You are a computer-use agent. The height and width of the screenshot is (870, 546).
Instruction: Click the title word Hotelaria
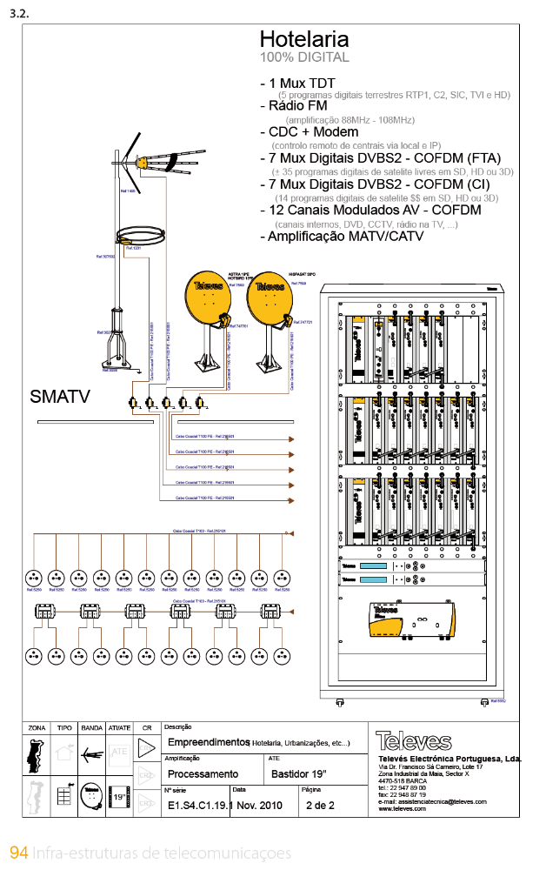tap(304, 39)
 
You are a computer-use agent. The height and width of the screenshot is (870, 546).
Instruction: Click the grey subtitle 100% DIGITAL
tap(304, 57)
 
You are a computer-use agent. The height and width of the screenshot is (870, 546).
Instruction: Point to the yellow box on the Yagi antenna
tap(139, 162)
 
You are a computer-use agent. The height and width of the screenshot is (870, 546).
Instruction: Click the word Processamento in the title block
tap(203, 773)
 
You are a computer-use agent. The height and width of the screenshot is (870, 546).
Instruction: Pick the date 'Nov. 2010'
tap(261, 806)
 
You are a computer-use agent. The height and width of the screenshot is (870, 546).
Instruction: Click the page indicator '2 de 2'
tap(319, 806)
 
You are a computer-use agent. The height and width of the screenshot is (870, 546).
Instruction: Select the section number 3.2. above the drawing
tap(20, 14)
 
